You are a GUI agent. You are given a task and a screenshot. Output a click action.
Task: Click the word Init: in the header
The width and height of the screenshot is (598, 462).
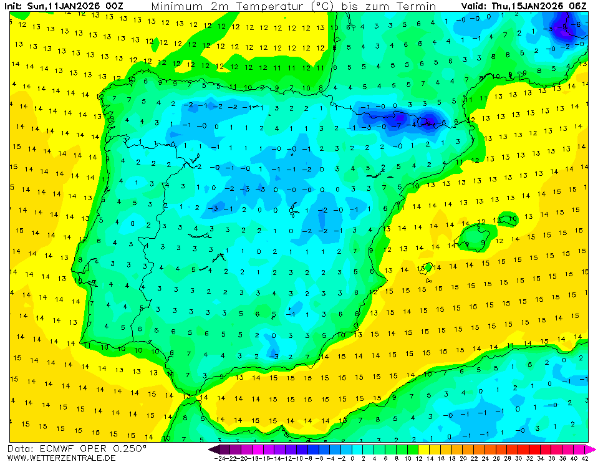click(x=15, y=6)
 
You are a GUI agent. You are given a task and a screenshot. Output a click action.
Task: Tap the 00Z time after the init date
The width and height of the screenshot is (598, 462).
click(x=113, y=6)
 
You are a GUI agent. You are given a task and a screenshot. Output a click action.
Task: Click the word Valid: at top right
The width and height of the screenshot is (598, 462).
click(x=476, y=6)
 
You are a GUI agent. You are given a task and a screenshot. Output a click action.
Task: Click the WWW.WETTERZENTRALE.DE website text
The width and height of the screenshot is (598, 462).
click(x=61, y=458)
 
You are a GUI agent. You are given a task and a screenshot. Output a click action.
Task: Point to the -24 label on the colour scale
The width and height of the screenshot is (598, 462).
click(x=219, y=458)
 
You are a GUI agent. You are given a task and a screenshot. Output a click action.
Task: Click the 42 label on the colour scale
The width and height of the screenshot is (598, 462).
click(x=584, y=458)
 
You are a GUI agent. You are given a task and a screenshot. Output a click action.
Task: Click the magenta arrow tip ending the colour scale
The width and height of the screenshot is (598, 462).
click(x=592, y=449)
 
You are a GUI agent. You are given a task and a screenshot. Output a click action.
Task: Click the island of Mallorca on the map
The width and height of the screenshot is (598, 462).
click(x=474, y=238)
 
